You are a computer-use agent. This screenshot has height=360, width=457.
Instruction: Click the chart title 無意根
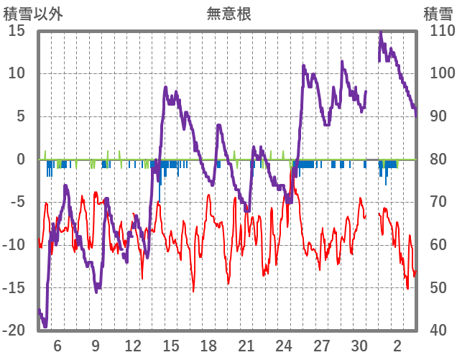tap(228, 13)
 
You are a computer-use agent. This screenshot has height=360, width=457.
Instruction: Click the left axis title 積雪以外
tap(28, 13)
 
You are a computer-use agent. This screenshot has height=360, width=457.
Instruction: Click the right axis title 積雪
tap(437, 13)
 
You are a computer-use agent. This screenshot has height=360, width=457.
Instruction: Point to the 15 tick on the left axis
tap(17, 31)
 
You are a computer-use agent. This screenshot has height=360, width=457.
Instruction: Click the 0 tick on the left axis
tap(21, 160)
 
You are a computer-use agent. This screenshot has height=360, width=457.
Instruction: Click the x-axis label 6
tap(57, 346)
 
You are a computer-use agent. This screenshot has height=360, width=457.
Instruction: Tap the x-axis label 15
tap(171, 346)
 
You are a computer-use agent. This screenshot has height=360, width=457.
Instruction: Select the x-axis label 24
tap(285, 346)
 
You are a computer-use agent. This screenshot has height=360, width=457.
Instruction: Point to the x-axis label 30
tap(360, 346)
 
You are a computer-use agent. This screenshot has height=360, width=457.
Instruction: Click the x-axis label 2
tap(398, 346)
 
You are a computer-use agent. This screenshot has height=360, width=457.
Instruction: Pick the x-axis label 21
tap(246, 346)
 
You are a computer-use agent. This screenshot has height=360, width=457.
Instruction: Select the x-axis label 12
tap(133, 346)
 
